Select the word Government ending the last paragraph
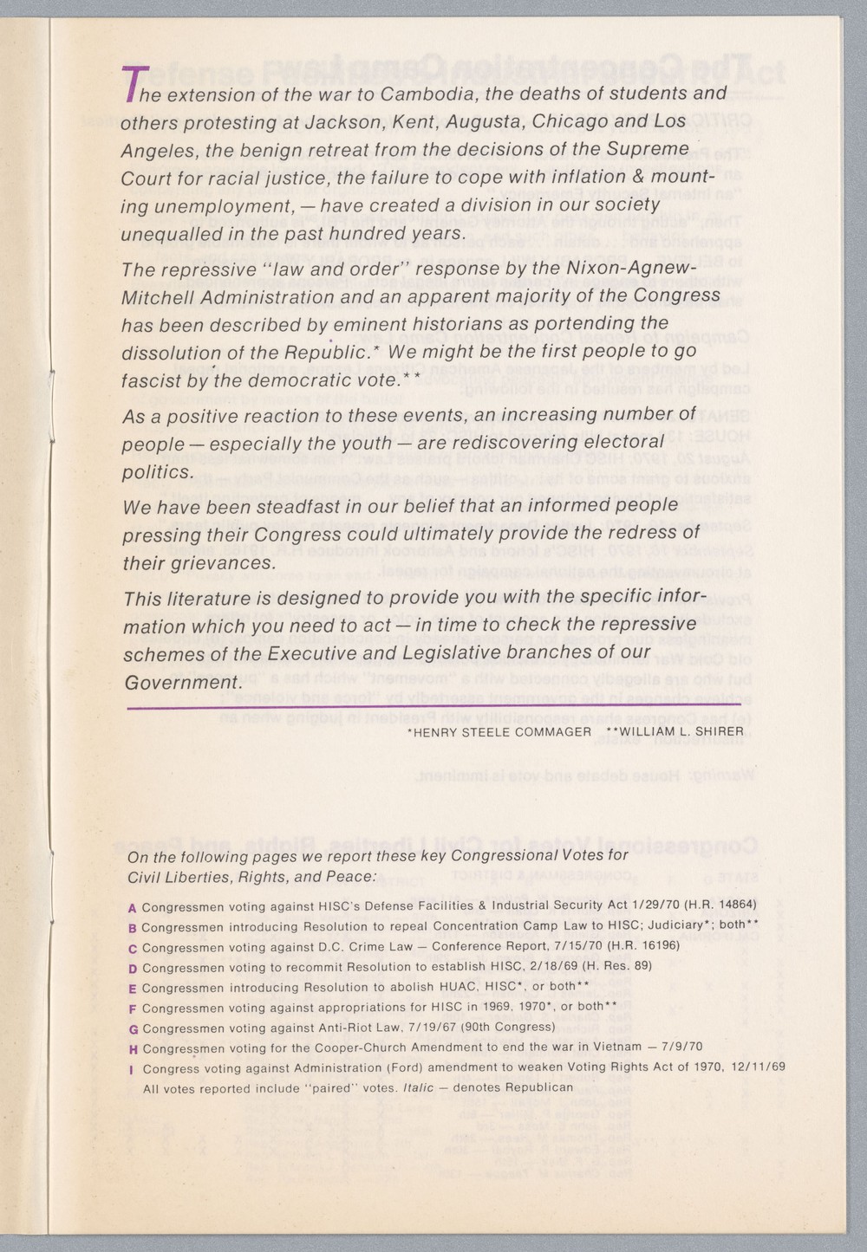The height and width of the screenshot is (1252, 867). pos(179,683)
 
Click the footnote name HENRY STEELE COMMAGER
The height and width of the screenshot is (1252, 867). pos(499,732)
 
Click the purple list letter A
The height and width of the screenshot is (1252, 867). pos(132,908)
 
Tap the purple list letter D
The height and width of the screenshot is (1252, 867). pos(133,969)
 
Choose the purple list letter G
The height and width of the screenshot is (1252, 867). pos(133,1029)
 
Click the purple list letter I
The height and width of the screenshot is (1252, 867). pos(130,1069)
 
